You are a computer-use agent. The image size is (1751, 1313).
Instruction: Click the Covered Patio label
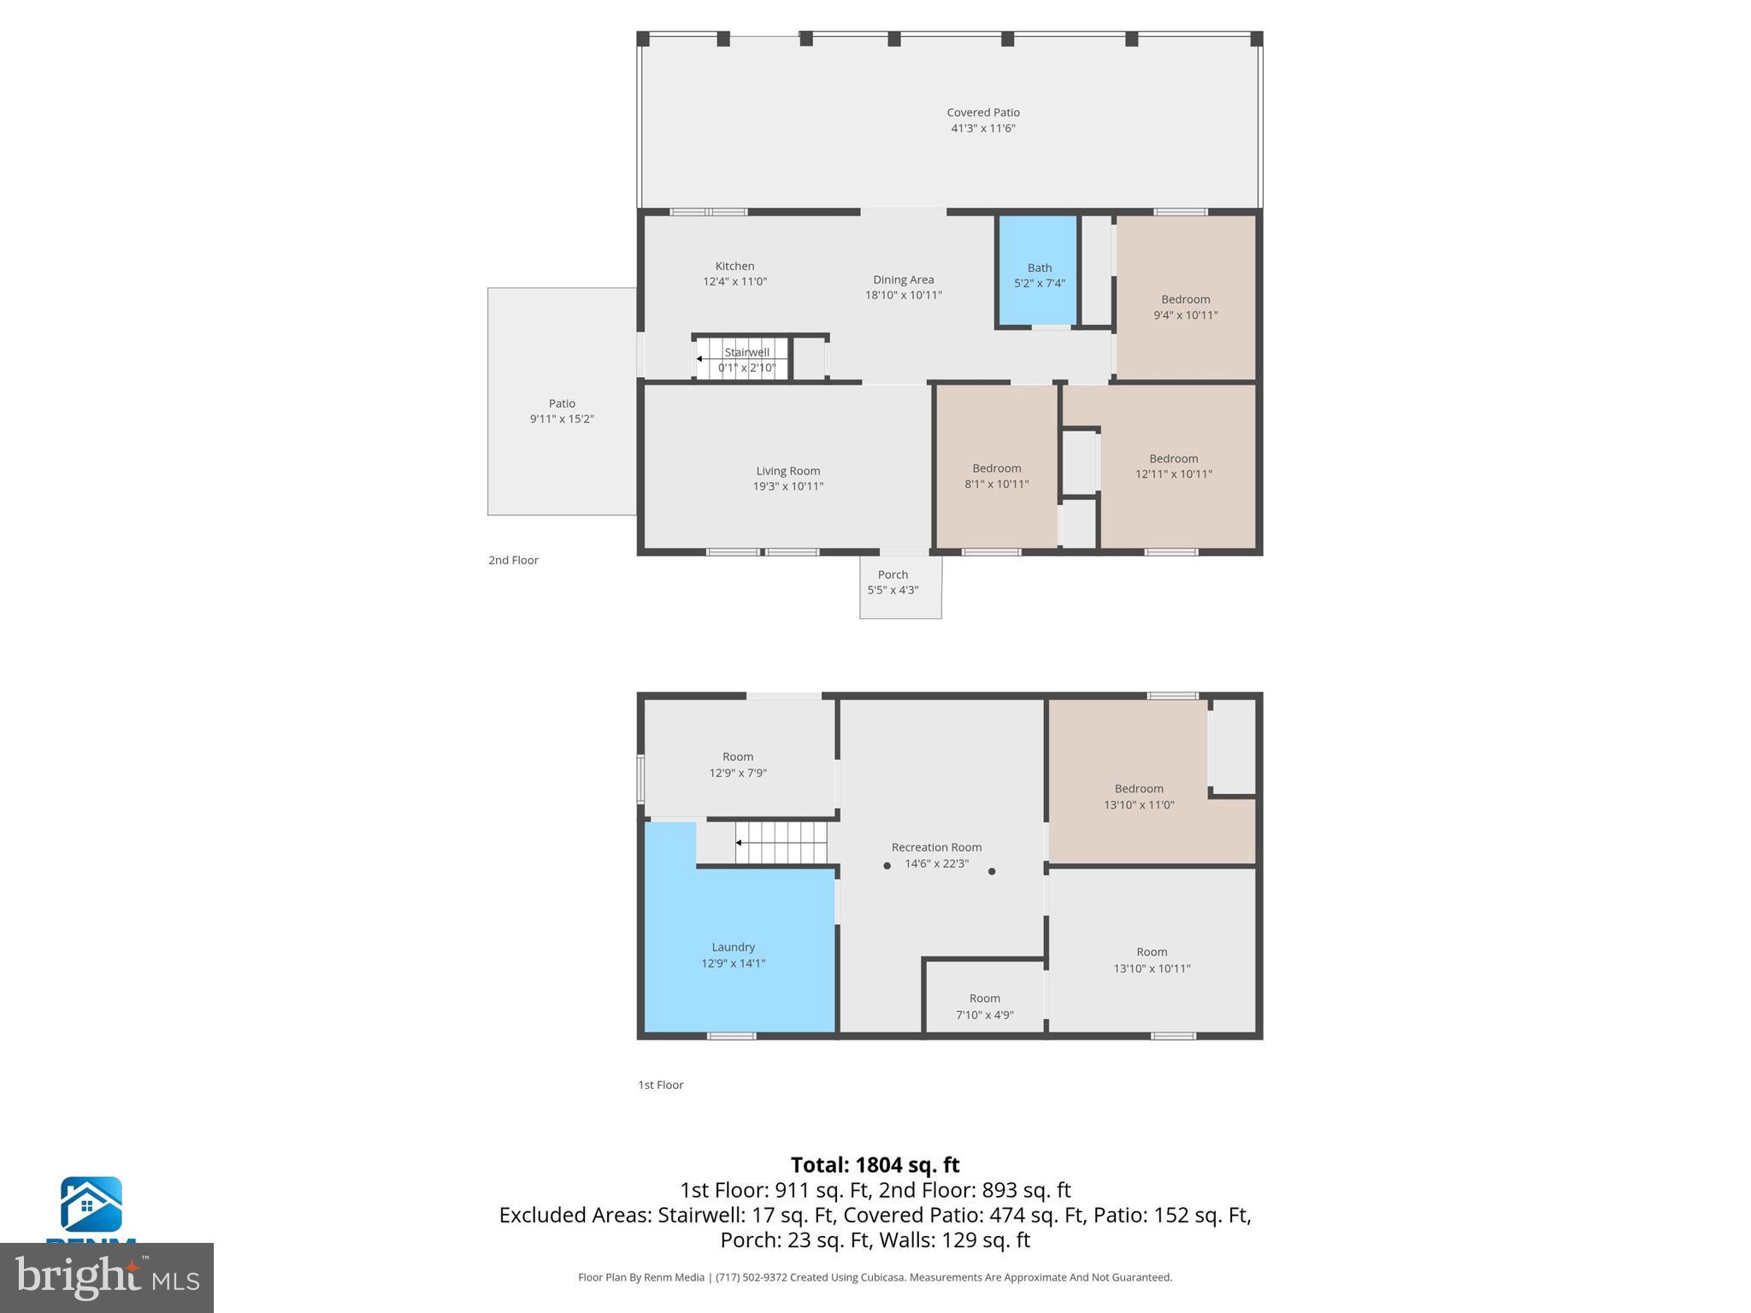click(982, 112)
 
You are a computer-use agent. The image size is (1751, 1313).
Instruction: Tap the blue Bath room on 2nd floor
click(1039, 274)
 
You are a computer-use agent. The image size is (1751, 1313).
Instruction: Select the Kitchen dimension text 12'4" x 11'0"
click(734, 281)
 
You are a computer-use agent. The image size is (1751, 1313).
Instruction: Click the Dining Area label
click(903, 280)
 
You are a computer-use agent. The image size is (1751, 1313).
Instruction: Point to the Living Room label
click(787, 471)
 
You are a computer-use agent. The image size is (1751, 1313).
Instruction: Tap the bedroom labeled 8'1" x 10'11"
click(996, 476)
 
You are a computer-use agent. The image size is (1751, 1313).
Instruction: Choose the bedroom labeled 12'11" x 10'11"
click(1173, 466)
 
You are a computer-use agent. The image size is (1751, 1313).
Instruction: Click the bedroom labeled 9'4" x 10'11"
click(1185, 307)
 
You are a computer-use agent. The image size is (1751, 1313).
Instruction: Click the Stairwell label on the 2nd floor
click(746, 352)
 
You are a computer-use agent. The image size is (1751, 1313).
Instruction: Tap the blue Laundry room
click(734, 954)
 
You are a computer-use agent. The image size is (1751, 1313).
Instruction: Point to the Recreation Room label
click(936, 847)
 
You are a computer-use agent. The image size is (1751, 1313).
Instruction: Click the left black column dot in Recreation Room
click(887, 866)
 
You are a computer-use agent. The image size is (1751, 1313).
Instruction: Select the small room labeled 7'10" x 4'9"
click(984, 1006)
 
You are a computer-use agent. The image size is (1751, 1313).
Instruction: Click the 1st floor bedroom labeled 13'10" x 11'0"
click(1138, 797)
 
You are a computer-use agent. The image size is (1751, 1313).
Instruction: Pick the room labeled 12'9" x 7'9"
click(738, 764)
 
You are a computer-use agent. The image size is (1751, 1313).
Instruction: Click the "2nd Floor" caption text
click(513, 560)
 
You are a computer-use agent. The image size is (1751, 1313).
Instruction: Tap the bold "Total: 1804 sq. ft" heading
click(875, 1165)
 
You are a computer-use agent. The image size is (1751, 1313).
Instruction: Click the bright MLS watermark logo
click(107, 1277)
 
